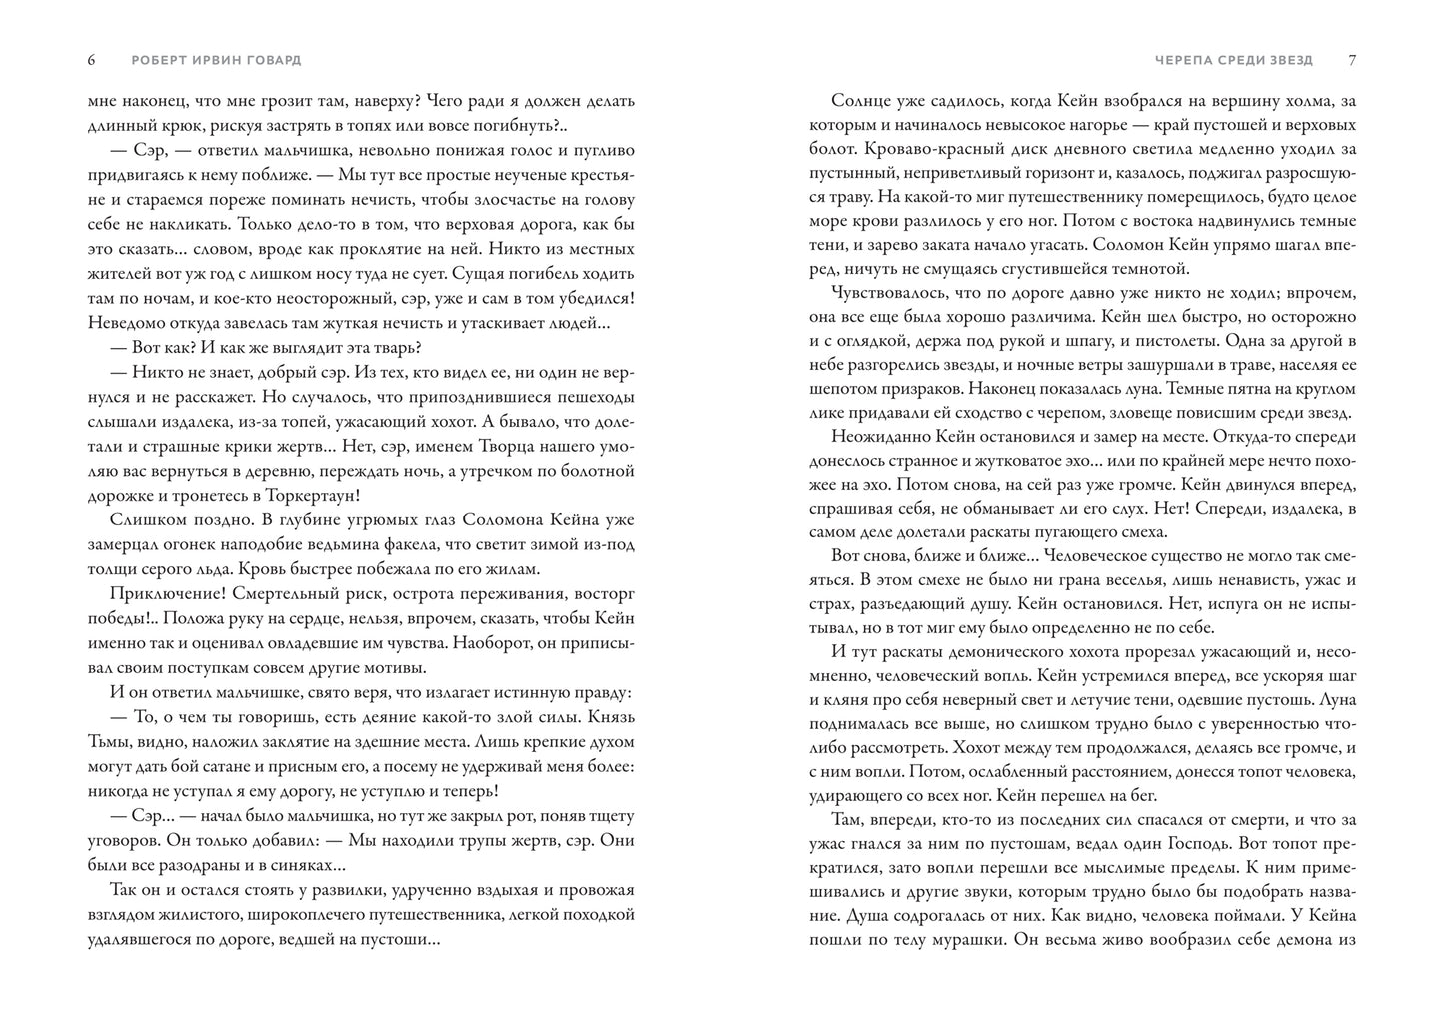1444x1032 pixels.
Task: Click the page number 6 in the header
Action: pos(92,60)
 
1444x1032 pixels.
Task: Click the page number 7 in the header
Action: pos(1352,60)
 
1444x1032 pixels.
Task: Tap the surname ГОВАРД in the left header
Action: pos(273,60)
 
